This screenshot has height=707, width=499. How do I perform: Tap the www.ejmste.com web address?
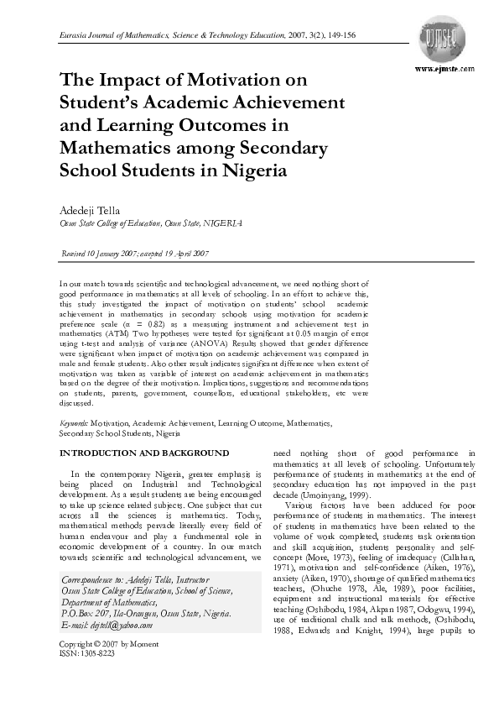444,68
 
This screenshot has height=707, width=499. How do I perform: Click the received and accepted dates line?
136,253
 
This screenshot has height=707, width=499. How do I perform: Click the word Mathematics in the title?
117,148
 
